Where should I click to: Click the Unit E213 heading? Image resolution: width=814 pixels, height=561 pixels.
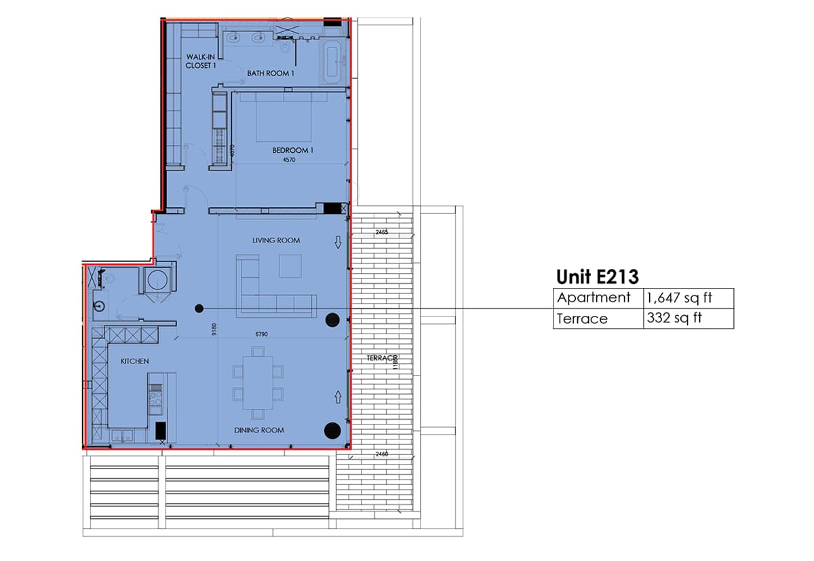(598, 276)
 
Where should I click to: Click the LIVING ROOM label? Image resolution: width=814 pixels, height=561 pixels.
(276, 240)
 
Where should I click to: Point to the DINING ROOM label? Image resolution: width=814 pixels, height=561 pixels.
(258, 430)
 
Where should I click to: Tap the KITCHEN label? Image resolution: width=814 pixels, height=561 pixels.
(134, 361)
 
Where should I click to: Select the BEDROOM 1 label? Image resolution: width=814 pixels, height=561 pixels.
(292, 150)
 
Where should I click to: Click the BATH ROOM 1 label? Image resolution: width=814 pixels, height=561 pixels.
(271, 73)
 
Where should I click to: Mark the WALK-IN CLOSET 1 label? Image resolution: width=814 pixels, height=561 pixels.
(201, 61)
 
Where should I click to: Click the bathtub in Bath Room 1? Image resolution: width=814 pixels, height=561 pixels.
(334, 62)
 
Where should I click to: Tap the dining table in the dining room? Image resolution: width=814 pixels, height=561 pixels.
(258, 382)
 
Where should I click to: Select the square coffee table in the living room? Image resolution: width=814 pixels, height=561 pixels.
(290, 266)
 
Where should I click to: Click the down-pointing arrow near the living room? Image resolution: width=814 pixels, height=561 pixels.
(338, 242)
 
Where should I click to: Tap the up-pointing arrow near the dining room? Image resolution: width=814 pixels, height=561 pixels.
(338, 397)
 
